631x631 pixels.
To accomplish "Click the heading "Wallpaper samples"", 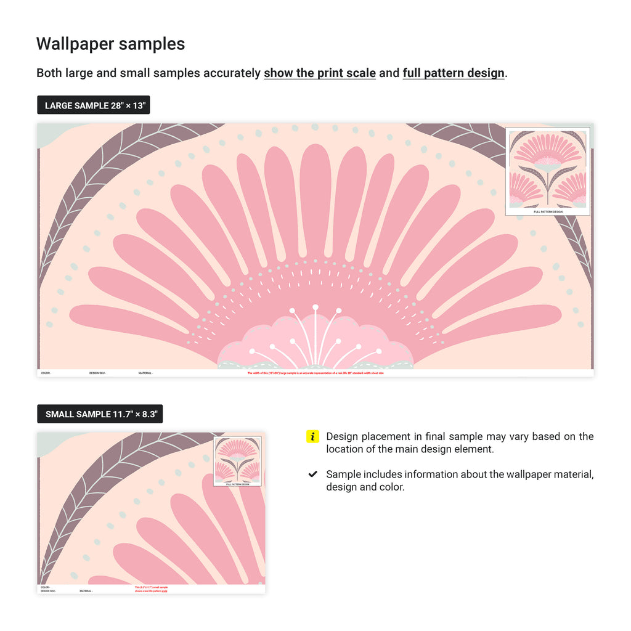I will (x=110, y=44).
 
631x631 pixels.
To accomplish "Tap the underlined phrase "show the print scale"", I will (x=320, y=73).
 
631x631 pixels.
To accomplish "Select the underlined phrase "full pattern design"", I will (x=453, y=73).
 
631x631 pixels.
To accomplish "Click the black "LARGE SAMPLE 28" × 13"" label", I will (x=94, y=105).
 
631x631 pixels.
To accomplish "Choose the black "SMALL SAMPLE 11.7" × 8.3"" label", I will (x=100, y=414).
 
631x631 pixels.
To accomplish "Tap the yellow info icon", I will (x=312, y=437).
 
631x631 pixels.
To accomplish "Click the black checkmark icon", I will (x=312, y=474).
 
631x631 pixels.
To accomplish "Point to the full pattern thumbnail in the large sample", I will (x=547, y=171).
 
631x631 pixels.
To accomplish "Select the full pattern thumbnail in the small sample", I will (x=237, y=461).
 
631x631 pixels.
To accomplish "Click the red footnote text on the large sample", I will (x=315, y=373).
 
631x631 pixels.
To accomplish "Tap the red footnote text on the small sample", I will (x=151, y=589).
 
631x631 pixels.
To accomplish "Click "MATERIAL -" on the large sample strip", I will (x=145, y=373).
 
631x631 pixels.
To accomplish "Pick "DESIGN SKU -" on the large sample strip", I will (x=97, y=373).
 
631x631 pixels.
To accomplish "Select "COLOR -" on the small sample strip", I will (x=46, y=587).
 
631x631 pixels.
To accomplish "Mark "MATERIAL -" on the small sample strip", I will (x=86, y=591).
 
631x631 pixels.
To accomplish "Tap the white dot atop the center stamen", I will (x=315, y=307).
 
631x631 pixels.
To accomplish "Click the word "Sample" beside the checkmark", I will (x=343, y=474).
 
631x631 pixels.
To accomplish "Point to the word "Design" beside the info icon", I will (x=343, y=437).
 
